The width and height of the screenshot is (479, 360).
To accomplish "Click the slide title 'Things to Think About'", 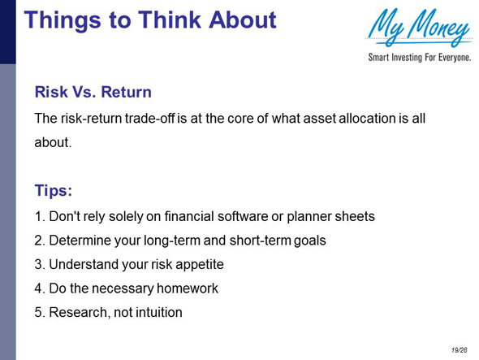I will (150, 19).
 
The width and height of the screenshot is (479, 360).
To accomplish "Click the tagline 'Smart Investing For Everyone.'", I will (419, 59).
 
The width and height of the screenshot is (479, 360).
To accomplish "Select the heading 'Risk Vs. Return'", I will (93, 93).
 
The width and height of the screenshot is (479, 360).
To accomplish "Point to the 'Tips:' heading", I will (54, 191).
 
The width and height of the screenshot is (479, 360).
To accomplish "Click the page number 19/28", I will (460, 349).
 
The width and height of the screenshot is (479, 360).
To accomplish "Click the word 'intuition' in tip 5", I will (157, 311).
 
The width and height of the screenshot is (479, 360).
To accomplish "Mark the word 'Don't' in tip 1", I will (64, 217).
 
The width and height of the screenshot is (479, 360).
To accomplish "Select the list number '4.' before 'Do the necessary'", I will (40, 288).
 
